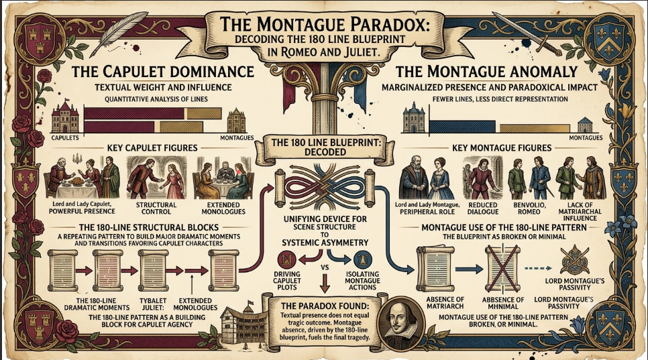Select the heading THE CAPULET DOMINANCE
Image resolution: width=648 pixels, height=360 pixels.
coord(163,72)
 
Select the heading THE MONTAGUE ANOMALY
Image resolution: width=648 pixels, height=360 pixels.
coord(486,72)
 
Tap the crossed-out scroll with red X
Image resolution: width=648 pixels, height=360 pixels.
coord(503,269)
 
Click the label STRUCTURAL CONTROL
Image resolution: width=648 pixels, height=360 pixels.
coord(156,208)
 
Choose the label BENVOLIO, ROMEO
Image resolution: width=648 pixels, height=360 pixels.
coord(529,208)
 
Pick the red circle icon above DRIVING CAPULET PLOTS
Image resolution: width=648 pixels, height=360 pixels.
coord(287,260)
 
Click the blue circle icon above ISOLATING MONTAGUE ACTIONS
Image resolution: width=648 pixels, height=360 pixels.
coord(362,260)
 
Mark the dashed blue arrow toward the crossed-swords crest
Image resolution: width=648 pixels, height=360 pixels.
coord(538,268)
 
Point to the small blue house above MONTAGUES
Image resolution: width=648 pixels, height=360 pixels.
coord(585,125)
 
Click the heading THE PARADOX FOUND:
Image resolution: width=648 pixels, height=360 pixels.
coord(325,306)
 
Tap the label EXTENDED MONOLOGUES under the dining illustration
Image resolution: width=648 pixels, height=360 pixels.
coord(223,208)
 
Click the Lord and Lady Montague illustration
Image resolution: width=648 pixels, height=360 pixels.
coord(426,178)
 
